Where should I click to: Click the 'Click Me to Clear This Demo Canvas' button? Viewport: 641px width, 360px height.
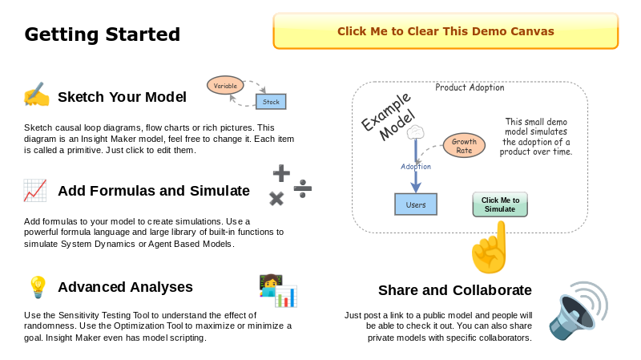[445, 31]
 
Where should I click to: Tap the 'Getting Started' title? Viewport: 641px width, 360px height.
[102, 34]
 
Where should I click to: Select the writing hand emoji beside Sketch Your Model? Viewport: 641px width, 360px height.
[36, 96]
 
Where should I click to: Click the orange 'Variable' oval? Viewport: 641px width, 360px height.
[225, 85]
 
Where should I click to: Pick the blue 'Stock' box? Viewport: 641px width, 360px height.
[271, 102]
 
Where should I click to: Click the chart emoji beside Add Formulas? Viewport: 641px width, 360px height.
[35, 191]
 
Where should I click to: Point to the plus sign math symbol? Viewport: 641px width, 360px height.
[281, 172]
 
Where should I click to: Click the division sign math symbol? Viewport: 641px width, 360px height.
[303, 188]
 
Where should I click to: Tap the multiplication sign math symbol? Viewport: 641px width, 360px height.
[276, 199]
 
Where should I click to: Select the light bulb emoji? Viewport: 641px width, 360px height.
[38, 286]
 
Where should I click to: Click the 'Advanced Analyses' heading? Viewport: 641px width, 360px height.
[125, 287]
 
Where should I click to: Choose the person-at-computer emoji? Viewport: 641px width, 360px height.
[277, 291]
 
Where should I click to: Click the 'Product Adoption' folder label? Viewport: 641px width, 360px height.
[470, 87]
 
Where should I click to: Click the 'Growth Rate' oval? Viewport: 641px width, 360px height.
[464, 146]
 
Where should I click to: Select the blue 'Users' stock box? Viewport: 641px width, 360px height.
[416, 204]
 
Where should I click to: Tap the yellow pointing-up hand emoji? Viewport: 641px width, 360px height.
[490, 249]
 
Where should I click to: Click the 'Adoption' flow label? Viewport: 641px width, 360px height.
[416, 167]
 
